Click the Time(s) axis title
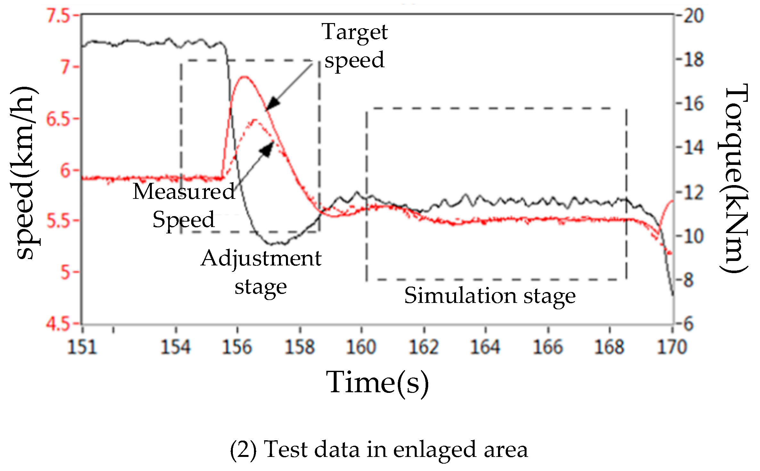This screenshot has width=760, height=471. (x=377, y=382)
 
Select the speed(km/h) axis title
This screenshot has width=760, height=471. (x=25, y=173)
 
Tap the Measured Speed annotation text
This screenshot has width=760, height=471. (x=184, y=205)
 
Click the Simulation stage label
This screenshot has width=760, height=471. (x=490, y=295)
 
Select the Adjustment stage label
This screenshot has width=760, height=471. (x=261, y=272)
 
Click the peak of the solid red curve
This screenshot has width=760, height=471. (x=244, y=77)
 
